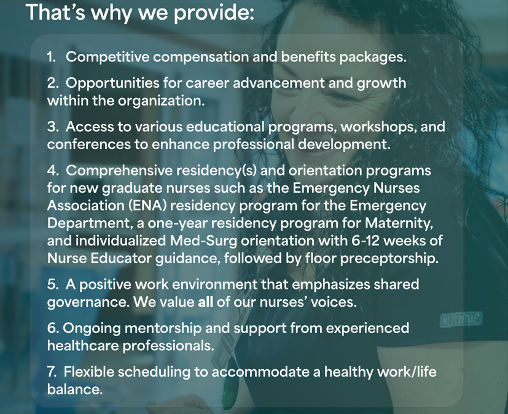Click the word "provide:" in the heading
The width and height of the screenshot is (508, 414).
(x=214, y=13)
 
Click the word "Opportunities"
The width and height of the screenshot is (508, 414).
(x=112, y=83)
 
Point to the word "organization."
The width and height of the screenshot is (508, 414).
(x=161, y=101)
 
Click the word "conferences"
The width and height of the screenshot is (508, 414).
(x=89, y=144)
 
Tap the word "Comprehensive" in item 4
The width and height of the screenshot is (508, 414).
(x=119, y=171)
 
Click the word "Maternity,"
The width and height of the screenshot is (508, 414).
(x=399, y=223)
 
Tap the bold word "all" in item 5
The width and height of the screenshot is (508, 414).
(x=205, y=302)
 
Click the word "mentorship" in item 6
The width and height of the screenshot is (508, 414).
(x=163, y=328)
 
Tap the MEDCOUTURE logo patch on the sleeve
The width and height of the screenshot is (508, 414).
(x=461, y=320)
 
